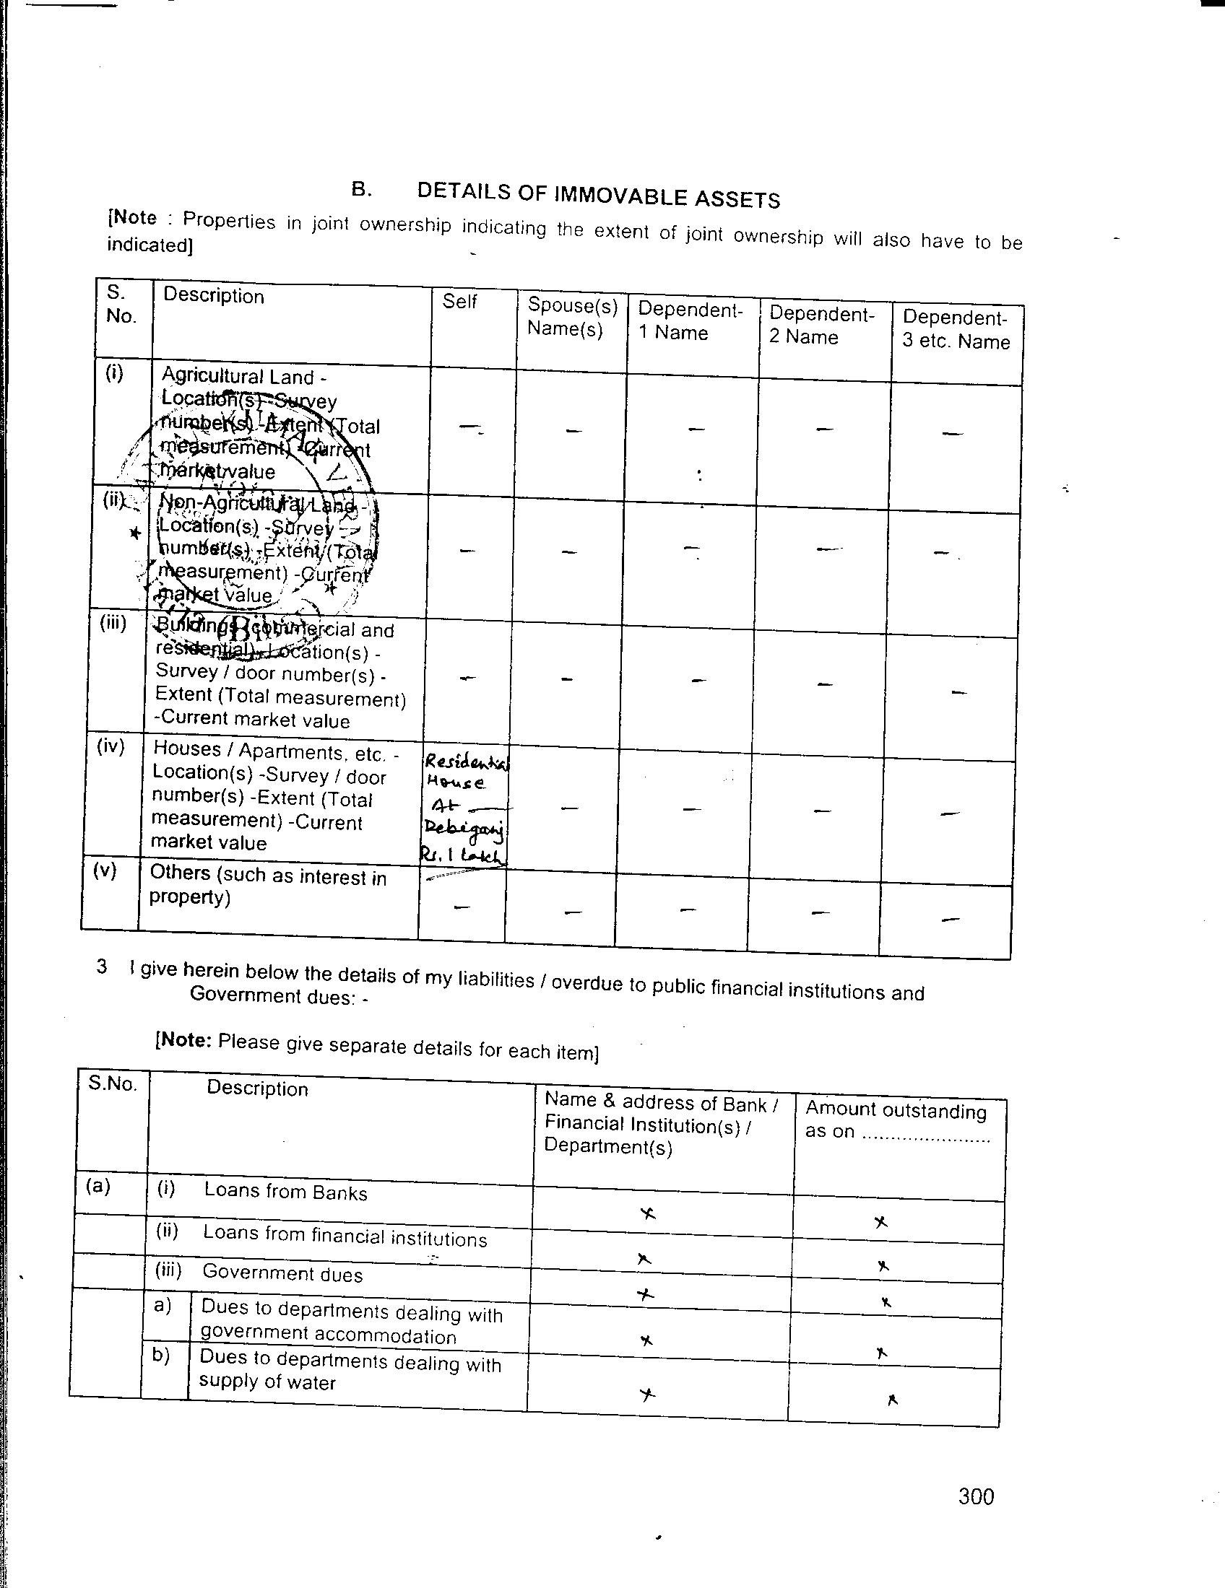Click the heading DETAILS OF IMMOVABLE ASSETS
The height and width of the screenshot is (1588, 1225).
[598, 194]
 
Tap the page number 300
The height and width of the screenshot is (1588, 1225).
[976, 1496]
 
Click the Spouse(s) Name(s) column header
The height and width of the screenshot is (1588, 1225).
[572, 317]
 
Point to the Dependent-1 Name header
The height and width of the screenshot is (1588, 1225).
[690, 321]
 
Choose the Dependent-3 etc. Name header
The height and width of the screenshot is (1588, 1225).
[955, 329]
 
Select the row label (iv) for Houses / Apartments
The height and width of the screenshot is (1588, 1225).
[111, 746]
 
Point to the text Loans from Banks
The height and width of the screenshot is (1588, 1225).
[285, 1192]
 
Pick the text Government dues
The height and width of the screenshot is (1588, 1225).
[282, 1273]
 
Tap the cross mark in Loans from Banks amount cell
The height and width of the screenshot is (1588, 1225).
[880, 1221]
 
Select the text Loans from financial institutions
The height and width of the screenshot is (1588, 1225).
[344, 1235]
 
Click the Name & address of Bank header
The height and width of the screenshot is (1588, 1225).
[659, 1125]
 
